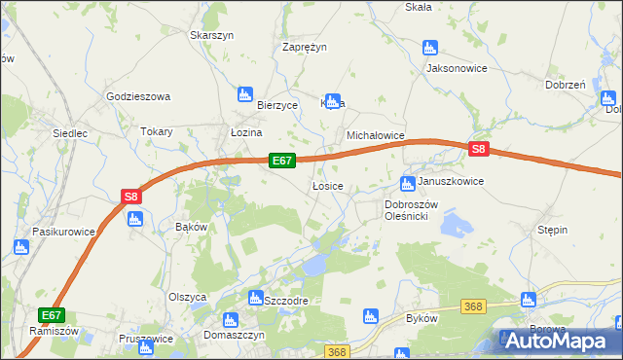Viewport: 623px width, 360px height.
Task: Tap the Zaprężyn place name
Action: tap(304, 46)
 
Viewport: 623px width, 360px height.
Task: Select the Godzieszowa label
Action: tap(138, 96)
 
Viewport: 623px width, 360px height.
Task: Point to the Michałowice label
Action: tap(376, 137)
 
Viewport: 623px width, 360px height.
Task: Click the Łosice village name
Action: tap(326, 186)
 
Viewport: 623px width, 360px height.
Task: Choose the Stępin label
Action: tap(552, 230)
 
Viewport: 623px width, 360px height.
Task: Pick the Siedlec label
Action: tap(71, 131)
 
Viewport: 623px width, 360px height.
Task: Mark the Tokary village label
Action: tap(157, 131)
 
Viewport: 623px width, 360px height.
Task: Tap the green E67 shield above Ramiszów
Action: tap(53, 315)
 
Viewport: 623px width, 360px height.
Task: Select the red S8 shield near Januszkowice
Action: tap(478, 149)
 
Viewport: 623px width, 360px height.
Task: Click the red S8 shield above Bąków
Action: tap(132, 196)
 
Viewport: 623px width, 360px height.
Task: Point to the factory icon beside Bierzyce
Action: tap(244, 94)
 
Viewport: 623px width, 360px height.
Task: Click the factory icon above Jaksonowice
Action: tap(430, 47)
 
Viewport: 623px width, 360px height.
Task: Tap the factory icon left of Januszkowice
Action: tap(408, 183)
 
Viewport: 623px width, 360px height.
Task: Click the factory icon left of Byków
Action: tap(370, 315)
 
